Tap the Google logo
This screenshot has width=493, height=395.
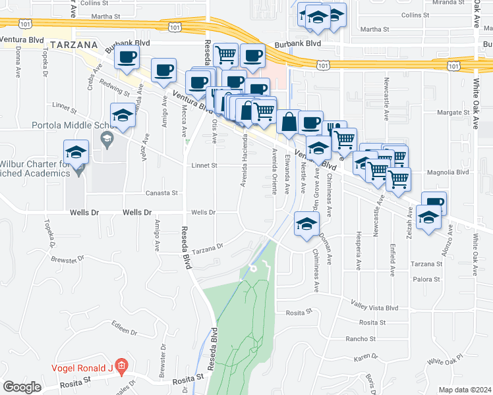(22, 387)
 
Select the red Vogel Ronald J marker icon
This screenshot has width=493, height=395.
(120, 364)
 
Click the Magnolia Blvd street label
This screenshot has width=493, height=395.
(448, 172)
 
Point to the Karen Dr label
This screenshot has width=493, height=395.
(364, 357)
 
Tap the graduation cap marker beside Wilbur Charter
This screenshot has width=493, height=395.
(76, 151)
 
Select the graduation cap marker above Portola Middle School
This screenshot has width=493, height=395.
(123, 115)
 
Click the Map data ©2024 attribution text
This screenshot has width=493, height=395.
(465, 390)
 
